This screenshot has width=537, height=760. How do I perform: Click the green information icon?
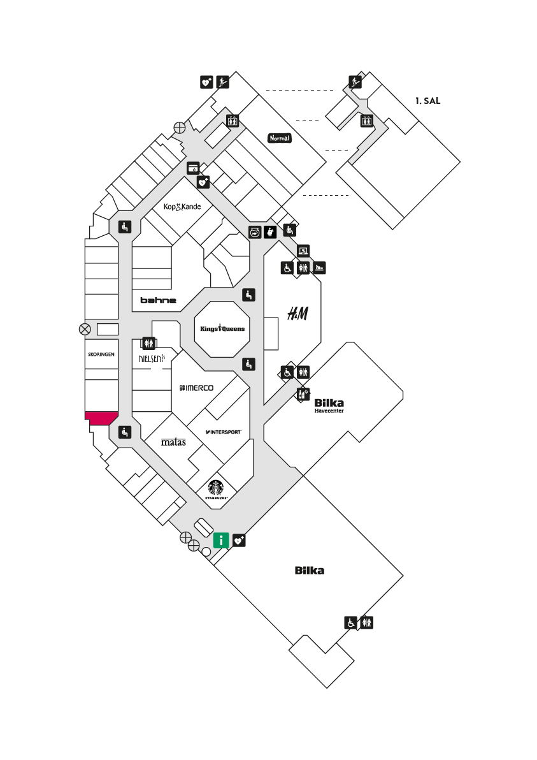click(221, 540)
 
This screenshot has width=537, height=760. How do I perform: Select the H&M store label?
click(297, 314)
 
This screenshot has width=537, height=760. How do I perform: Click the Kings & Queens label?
click(222, 328)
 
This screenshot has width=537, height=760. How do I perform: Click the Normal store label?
click(280, 138)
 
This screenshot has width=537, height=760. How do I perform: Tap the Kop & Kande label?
click(182, 207)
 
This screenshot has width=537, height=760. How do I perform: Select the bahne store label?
click(159, 300)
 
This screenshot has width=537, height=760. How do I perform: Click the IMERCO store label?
click(196, 388)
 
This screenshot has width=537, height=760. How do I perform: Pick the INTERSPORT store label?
click(223, 432)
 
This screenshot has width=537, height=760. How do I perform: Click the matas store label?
click(173, 442)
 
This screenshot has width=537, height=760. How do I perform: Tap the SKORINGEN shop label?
click(101, 354)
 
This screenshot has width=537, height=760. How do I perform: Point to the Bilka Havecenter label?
click(329, 406)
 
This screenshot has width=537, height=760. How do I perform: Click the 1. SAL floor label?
click(427, 101)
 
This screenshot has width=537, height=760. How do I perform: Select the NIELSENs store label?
click(152, 358)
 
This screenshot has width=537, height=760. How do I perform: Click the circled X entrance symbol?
click(85, 330)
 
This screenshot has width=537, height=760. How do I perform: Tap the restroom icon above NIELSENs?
click(148, 343)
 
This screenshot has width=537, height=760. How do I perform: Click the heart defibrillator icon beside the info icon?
click(239, 540)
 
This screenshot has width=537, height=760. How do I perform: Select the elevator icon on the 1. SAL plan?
click(366, 121)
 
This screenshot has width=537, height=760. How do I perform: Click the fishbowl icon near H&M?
click(255, 232)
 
